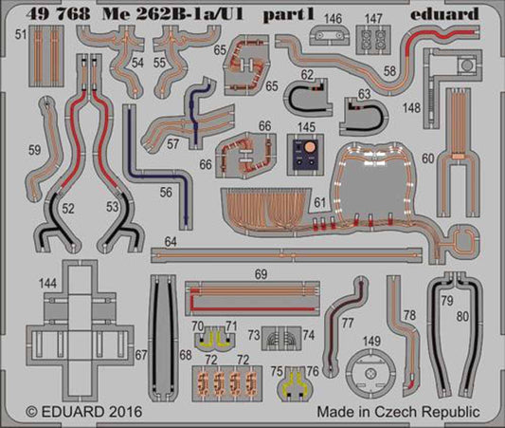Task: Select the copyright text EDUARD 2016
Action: (x=71, y=414)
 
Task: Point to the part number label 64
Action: (x=170, y=243)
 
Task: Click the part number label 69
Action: (x=261, y=273)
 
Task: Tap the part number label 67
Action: (x=141, y=355)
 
